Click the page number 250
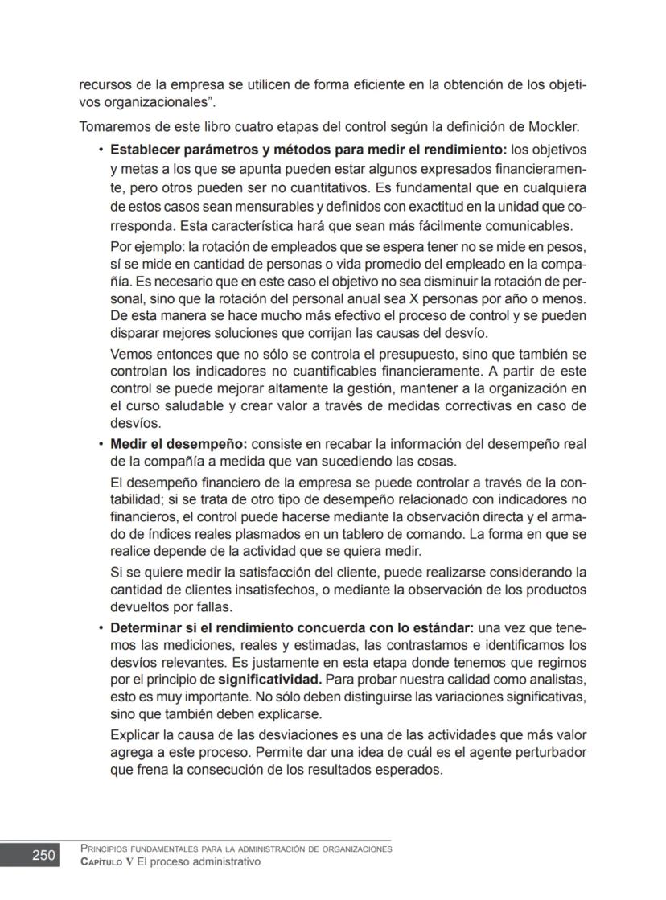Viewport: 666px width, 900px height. point(43,855)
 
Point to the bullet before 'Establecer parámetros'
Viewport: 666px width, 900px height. point(101,150)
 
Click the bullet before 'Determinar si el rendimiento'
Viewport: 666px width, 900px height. point(101,627)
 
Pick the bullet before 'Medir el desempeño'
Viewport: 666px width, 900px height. point(101,444)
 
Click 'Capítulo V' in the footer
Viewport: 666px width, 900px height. point(106,861)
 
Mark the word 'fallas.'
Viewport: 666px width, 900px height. point(212,606)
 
